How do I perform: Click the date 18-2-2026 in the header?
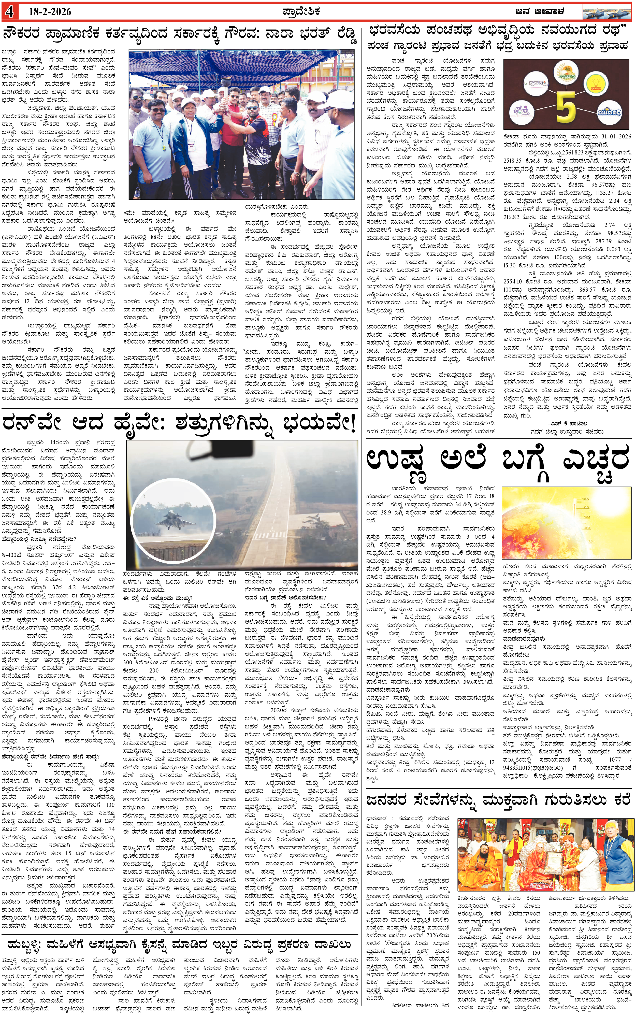(50, 12)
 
